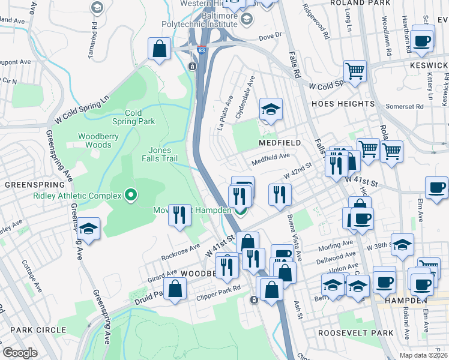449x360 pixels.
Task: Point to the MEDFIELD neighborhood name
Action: [x=279, y=143]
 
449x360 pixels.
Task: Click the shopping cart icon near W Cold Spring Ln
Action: [x=355, y=71]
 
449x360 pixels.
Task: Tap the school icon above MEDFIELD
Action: [x=271, y=109]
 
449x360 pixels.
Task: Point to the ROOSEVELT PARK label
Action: [x=356, y=333]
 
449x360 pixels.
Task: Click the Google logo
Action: [x=20, y=353]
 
